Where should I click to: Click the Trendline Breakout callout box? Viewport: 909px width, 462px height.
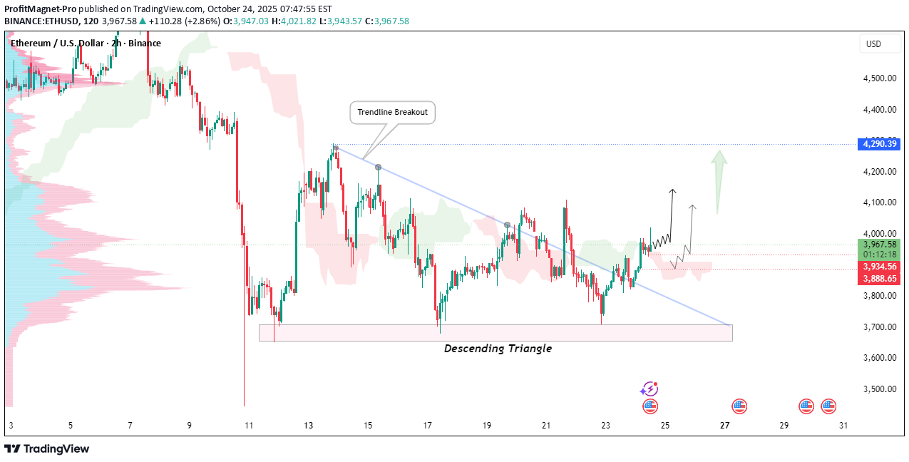click(392, 113)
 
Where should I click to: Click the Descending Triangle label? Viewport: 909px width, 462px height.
click(498, 349)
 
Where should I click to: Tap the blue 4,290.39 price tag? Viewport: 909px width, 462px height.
click(880, 144)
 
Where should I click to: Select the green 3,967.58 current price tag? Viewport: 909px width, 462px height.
click(880, 245)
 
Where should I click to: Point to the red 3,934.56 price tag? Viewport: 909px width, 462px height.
click(880, 267)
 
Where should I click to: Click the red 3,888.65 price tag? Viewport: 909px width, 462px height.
click(880, 279)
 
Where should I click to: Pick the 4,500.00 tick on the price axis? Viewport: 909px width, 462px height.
click(879, 78)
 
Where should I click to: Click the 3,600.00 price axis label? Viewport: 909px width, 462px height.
click(879, 358)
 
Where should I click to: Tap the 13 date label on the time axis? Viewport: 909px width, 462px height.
click(308, 426)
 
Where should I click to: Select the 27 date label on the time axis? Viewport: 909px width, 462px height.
click(724, 426)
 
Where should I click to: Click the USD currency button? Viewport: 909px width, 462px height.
click(873, 44)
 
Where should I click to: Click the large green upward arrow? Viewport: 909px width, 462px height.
click(720, 182)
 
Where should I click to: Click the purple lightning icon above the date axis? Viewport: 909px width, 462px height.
click(649, 389)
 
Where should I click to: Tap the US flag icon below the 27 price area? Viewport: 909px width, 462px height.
click(739, 407)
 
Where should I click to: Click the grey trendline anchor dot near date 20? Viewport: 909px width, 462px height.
click(508, 225)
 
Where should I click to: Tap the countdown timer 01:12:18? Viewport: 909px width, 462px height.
click(880, 255)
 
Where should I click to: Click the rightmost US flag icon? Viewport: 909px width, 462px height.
click(828, 407)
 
